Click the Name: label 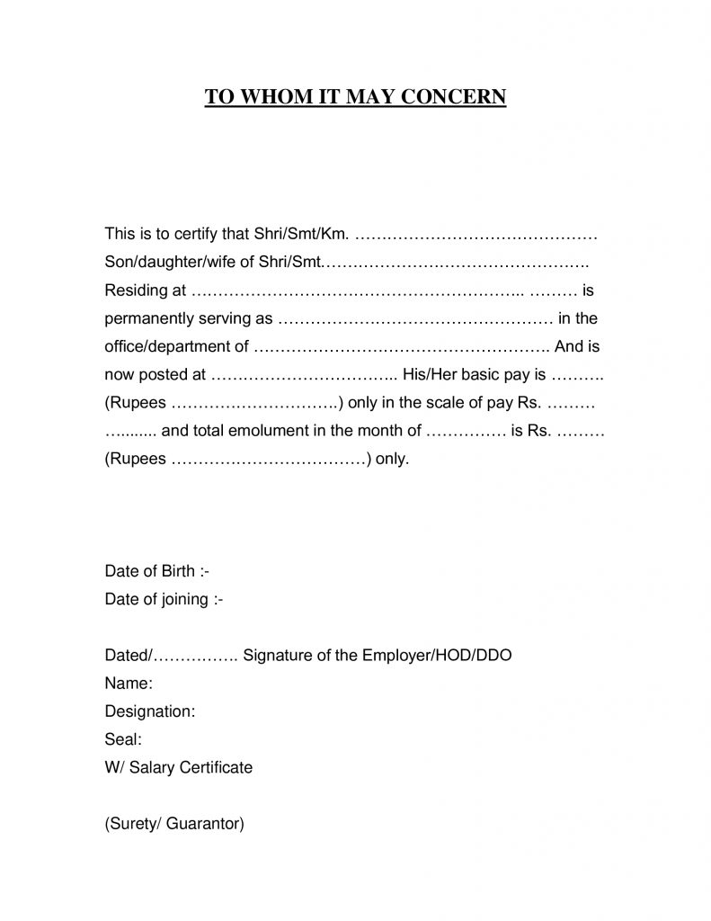(x=129, y=683)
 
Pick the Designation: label (x=150, y=711)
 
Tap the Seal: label (x=123, y=739)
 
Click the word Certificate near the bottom (x=217, y=767)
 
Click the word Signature (x=277, y=655)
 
